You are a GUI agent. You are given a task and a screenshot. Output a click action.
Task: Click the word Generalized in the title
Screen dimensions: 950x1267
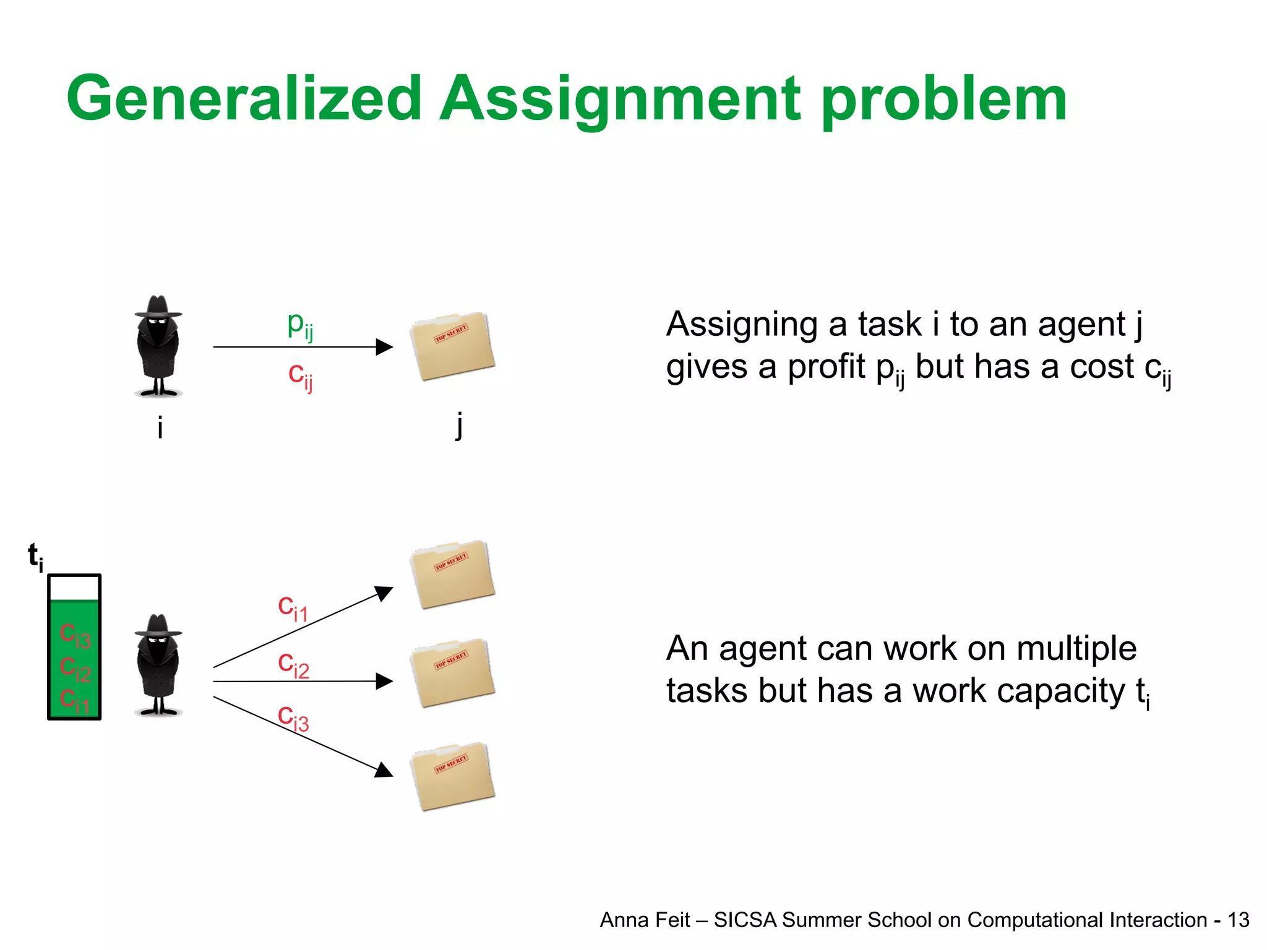(244, 99)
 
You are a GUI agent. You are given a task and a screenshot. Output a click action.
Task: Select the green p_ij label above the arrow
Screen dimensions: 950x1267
(300, 325)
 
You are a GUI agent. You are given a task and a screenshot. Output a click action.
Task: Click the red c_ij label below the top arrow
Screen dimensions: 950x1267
(301, 375)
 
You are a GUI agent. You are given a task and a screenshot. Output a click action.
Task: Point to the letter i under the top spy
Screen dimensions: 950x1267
(160, 427)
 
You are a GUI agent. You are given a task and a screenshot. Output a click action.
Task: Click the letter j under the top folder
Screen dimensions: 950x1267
(458, 425)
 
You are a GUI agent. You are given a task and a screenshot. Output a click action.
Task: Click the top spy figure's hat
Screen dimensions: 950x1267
(158, 307)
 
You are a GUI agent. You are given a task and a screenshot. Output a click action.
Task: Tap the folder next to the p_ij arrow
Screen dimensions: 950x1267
(452, 346)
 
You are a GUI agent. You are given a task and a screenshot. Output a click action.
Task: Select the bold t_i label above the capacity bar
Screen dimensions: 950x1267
(35, 556)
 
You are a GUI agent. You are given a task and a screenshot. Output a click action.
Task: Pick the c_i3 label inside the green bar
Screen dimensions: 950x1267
(75, 636)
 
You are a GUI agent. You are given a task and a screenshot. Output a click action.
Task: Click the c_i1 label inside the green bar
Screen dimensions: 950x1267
(75, 701)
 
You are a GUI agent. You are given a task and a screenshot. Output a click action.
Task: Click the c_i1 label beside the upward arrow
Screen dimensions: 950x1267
(293, 608)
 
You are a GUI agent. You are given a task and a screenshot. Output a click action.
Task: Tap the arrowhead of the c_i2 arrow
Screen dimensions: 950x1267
(385, 682)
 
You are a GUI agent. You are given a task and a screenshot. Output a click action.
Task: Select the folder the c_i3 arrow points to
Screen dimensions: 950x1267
(452, 777)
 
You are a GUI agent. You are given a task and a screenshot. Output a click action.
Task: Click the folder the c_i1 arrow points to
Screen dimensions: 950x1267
(452, 575)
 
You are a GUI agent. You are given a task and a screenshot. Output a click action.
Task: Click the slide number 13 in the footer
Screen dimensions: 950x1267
(1239, 920)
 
